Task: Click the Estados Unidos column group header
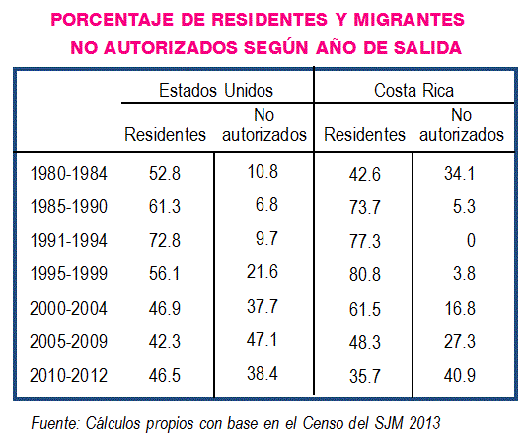tap(216, 90)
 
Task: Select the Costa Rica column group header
tap(413, 91)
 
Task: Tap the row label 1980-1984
tap(69, 174)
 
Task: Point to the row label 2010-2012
tap(69, 375)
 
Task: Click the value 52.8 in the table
tap(165, 174)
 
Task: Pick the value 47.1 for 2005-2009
tap(262, 340)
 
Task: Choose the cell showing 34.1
tap(460, 174)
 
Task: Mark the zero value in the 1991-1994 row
tap(471, 240)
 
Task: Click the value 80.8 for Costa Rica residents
tap(364, 274)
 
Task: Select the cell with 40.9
tap(460, 375)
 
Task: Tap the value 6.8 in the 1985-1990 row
tap(266, 204)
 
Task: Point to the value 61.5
tap(364, 309)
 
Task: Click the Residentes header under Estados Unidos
tap(165, 135)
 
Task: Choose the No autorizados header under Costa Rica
tap(462, 125)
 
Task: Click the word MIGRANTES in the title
tap(410, 20)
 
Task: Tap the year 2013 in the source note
tap(424, 423)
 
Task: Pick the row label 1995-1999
tap(69, 273)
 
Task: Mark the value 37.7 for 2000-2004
tap(263, 306)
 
